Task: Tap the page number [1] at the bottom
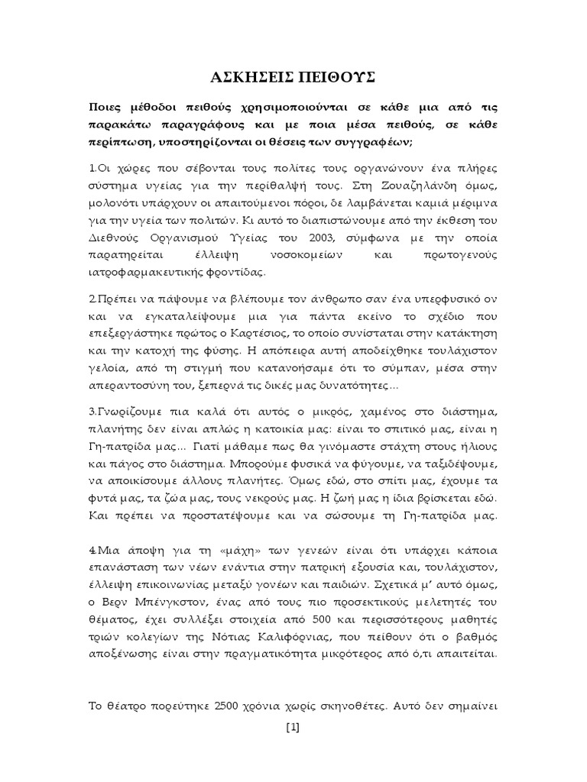coord(293,727)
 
